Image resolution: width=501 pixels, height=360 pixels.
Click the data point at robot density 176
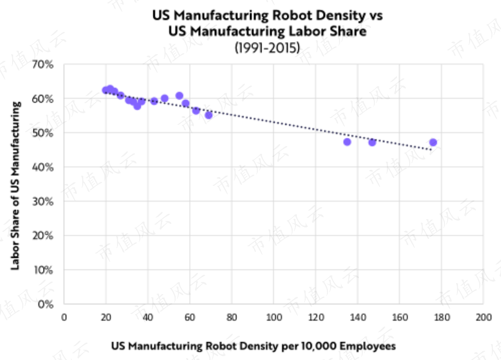433,142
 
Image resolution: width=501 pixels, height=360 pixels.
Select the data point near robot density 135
347,142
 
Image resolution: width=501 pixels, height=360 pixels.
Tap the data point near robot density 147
372,142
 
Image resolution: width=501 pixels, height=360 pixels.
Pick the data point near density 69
208,115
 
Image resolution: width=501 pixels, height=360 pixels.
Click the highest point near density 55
179,96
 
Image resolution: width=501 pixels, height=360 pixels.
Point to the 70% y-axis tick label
43,64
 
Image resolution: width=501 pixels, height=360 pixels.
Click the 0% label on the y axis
45,304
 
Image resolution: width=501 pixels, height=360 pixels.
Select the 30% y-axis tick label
43,201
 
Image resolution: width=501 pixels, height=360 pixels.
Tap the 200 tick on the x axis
484,317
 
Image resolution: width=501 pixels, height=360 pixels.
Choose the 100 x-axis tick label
274,317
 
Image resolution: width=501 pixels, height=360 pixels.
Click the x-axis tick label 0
64,317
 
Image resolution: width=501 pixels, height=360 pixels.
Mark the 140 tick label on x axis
357,317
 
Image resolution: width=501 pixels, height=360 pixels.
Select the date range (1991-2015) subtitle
267,47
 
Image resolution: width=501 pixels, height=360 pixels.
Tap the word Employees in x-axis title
368,346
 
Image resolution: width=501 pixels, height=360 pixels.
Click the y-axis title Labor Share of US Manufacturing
15,185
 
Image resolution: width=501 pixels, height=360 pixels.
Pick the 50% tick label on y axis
43,133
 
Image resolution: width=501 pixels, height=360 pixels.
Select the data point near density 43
154,101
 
